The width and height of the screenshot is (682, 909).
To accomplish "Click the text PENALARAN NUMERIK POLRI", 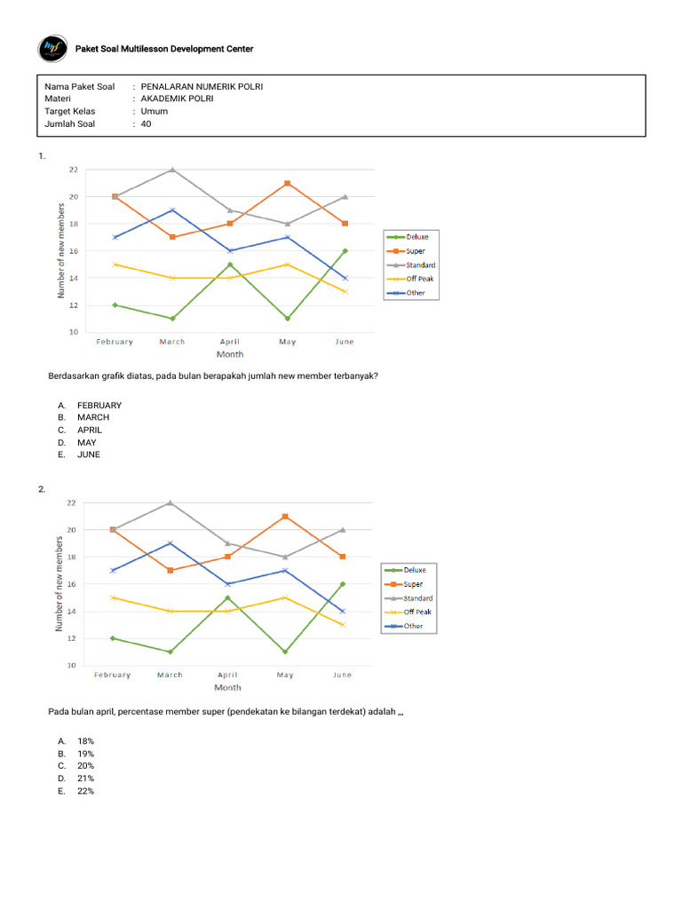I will [x=202, y=87].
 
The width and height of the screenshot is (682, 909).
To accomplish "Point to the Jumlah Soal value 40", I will [x=147, y=124].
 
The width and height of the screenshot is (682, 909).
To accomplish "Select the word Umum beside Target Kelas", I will [x=154, y=112].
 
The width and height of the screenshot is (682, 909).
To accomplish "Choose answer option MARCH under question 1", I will [x=93, y=417].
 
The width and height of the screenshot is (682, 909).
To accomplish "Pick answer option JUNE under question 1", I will [x=89, y=454].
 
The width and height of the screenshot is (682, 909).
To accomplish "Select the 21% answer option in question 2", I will [x=86, y=779].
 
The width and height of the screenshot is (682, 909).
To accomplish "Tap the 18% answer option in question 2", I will [x=86, y=741].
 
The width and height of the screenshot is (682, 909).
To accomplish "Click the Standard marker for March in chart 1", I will [x=172, y=170].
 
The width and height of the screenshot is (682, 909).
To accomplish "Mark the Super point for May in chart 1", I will [x=287, y=184].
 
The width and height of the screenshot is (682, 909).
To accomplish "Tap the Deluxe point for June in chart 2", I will [x=343, y=584].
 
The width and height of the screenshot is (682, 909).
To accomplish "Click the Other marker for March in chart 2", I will [x=170, y=543].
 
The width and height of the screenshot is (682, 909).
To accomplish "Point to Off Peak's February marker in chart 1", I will [x=115, y=265].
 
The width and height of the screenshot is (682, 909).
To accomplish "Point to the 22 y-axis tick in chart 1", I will [x=74, y=170].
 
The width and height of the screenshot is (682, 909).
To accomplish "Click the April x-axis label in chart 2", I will [x=227, y=676].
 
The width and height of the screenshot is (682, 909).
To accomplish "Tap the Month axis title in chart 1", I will [x=230, y=354].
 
